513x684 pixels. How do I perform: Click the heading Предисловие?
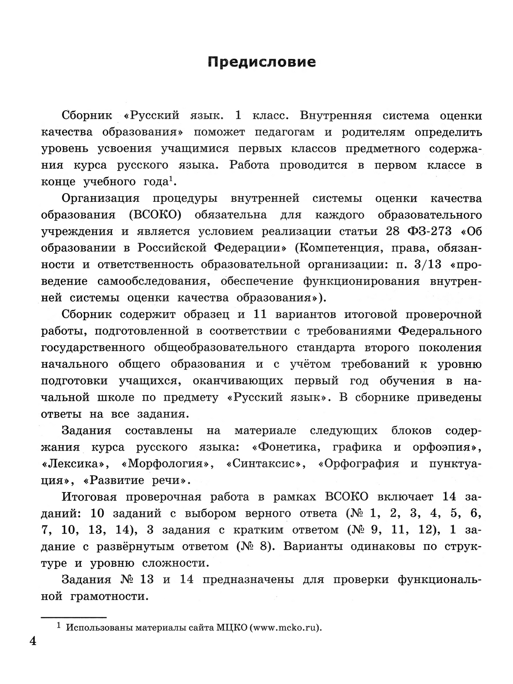pos(262,62)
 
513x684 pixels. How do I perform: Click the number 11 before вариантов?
pos(260,314)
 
